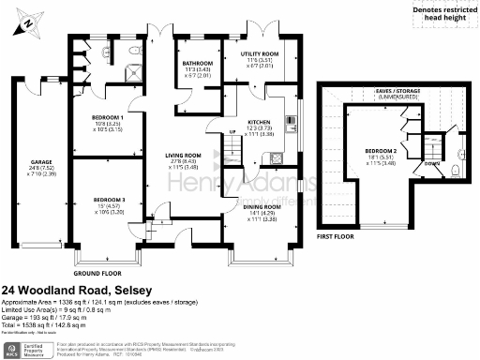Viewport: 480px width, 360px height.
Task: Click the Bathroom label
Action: (198, 63)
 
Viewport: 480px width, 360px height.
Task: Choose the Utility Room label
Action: (259, 55)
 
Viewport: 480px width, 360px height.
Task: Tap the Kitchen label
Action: (259, 123)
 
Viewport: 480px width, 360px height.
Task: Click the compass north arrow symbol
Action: (26, 18)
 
